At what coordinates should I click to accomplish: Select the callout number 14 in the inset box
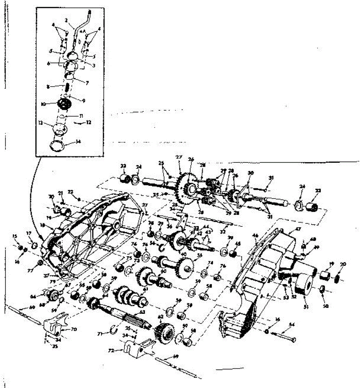coord(78,141)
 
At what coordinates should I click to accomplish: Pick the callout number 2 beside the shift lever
coord(66,20)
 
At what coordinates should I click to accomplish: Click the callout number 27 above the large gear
coord(179,157)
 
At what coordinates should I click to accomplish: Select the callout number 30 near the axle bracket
coord(250,173)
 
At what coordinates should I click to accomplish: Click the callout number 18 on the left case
coord(43,225)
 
